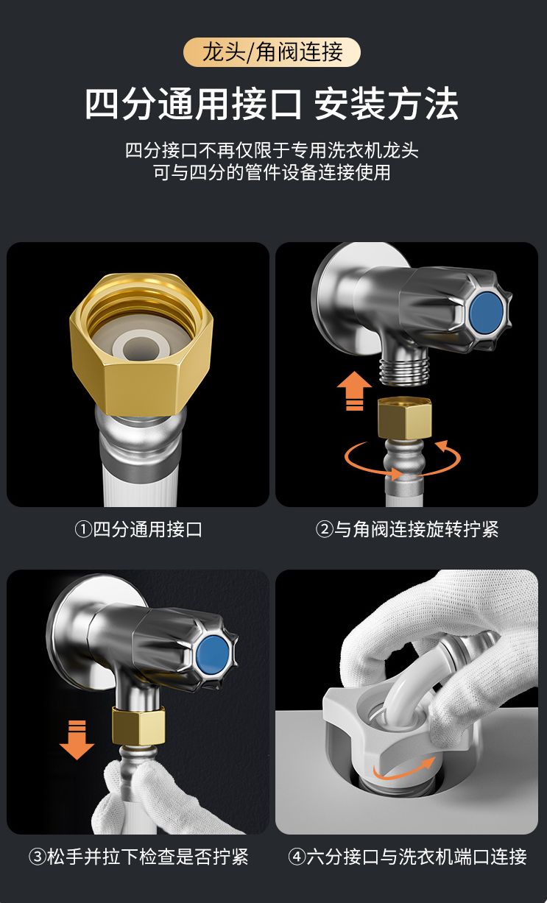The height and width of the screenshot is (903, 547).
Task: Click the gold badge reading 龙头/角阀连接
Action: tap(272, 52)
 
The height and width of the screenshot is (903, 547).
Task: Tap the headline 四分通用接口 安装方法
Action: tap(272, 104)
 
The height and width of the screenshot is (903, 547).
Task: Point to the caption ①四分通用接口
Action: tap(138, 529)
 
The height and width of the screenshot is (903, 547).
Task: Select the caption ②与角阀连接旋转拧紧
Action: tap(406, 529)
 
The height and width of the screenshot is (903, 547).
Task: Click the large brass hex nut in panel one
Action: tap(141, 344)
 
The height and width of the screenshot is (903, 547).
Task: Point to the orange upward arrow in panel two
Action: tap(354, 390)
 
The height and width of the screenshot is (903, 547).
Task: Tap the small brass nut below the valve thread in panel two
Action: tap(405, 418)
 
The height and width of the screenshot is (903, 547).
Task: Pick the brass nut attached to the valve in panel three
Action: tap(138, 726)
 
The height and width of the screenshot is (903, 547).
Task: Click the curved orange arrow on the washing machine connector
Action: tap(403, 771)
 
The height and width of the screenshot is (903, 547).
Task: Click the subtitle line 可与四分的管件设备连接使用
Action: tap(272, 172)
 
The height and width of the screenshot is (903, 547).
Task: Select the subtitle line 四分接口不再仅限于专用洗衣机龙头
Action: tap(272, 150)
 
